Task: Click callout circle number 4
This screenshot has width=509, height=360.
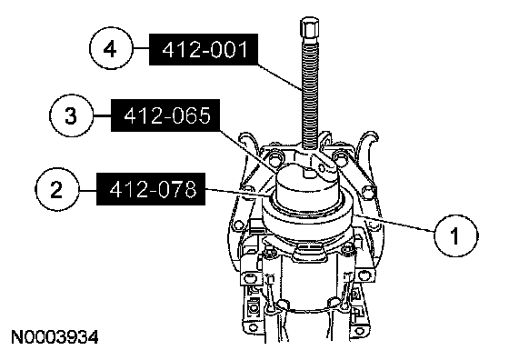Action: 111,49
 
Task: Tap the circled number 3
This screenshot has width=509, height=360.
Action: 71,115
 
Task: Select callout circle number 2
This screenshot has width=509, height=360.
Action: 56,189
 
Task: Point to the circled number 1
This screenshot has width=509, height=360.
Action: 455,235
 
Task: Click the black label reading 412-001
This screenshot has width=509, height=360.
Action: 204,50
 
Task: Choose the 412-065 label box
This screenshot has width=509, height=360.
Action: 165,115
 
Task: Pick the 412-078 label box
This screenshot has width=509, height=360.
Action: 151,189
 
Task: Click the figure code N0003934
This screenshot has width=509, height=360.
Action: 55,337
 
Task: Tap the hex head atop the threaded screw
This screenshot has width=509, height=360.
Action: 310,28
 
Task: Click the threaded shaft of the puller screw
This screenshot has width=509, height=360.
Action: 310,94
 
